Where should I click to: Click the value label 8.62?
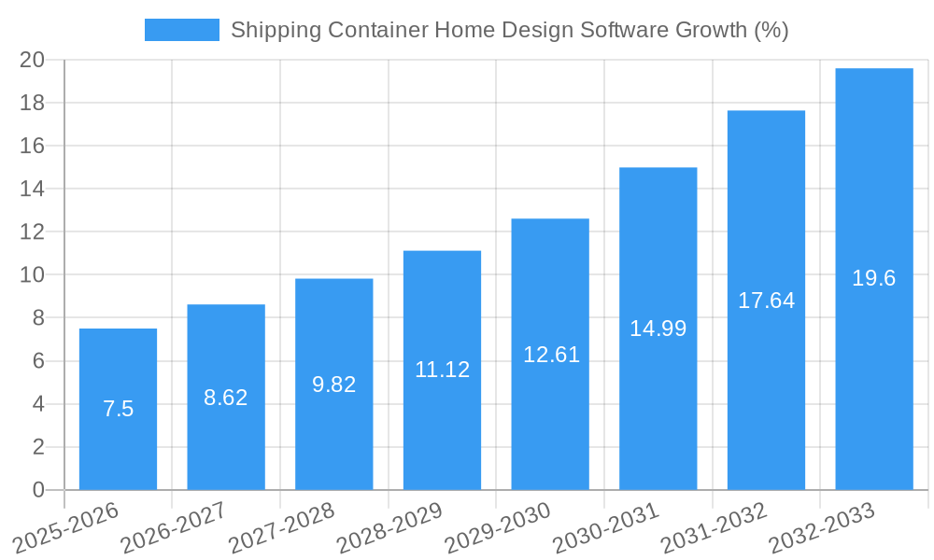coord(226,398)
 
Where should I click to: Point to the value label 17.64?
coord(766,301)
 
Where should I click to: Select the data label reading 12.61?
coord(551,355)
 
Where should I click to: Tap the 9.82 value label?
coord(333,385)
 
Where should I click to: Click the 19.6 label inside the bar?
coord(874,278)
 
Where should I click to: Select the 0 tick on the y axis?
coord(38,490)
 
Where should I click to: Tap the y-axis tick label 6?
coord(38,361)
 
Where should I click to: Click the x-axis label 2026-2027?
coord(174,526)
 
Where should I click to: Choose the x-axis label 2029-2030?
coord(498,526)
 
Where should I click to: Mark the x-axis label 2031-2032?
coord(714,526)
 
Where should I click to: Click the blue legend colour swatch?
coord(181,30)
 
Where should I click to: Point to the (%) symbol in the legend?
coord(771,30)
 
